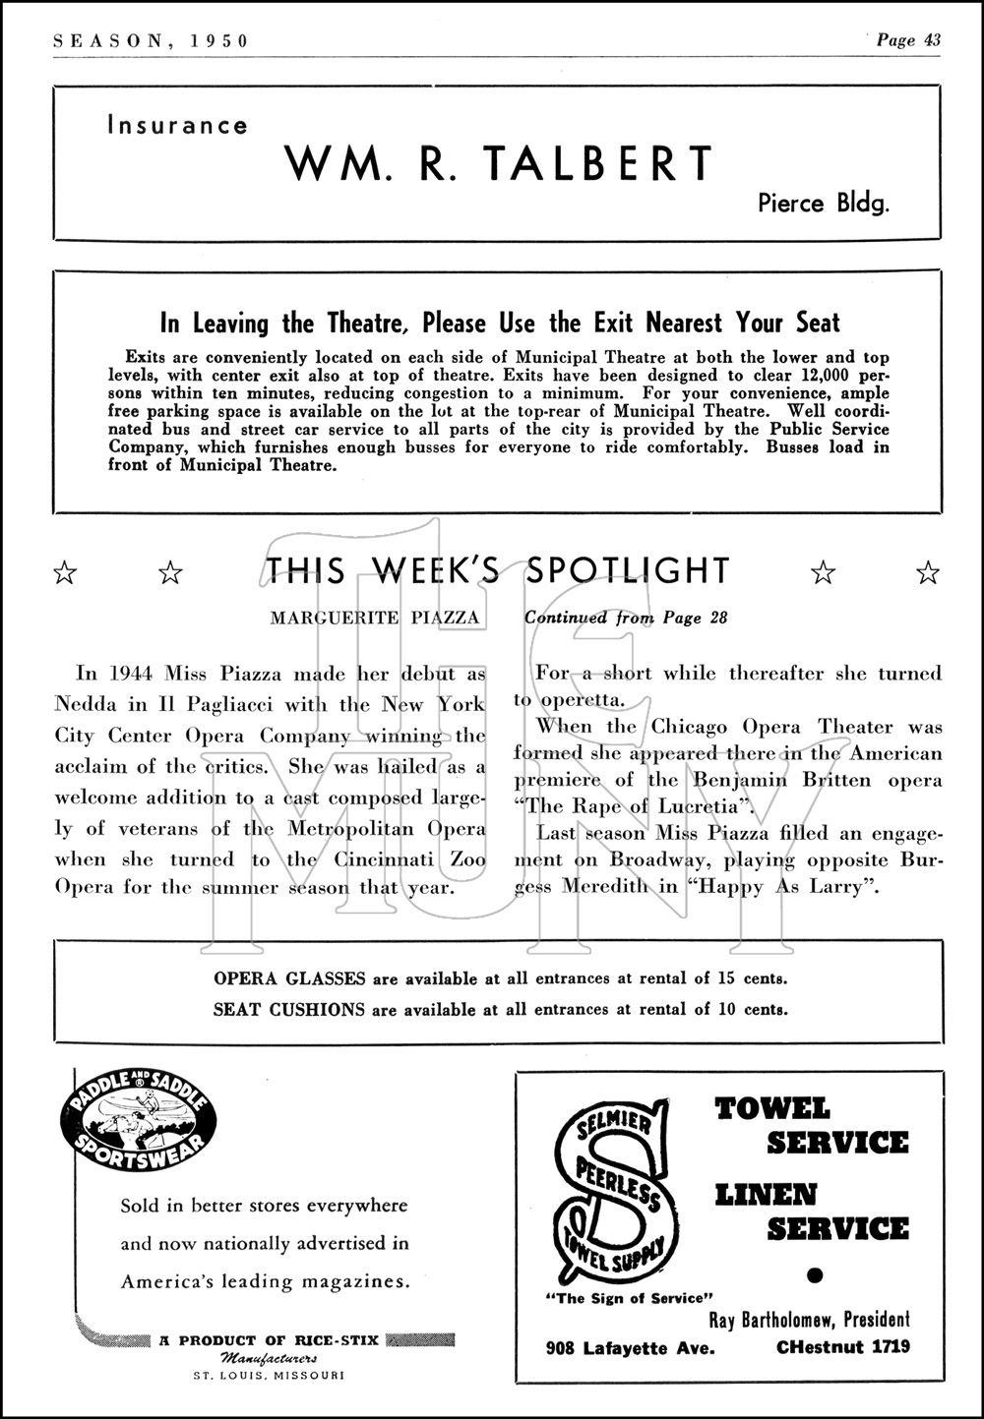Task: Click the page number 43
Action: pos(931,40)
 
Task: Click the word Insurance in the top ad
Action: pos(177,126)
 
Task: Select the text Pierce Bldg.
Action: pos(824,204)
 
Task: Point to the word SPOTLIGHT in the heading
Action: pos(629,570)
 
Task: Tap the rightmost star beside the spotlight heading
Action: pos(927,571)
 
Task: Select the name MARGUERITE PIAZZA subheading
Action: pos(375,618)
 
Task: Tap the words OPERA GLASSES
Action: pos(289,978)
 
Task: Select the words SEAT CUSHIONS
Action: pos(289,1009)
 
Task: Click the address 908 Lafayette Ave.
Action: pos(630,1347)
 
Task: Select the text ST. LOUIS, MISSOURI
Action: pos(268,1375)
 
